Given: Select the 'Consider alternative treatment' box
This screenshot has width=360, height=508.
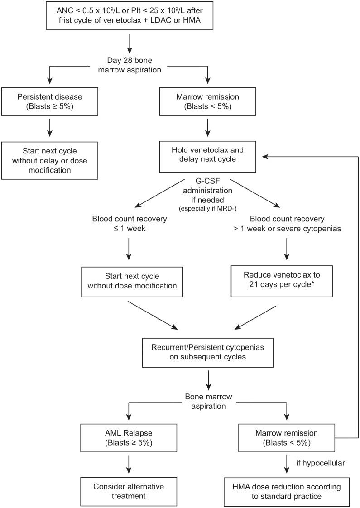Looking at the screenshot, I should point(129,491).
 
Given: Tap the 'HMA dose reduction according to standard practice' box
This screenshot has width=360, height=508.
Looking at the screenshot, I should point(287,491).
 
